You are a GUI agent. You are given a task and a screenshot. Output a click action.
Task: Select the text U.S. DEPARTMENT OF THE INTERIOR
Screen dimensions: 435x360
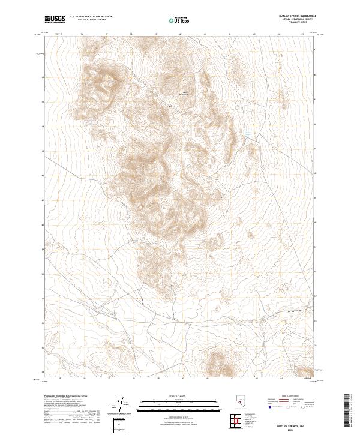(x=91, y=17)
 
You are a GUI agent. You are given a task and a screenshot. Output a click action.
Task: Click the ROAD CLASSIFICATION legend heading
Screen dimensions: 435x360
(x=286, y=397)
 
